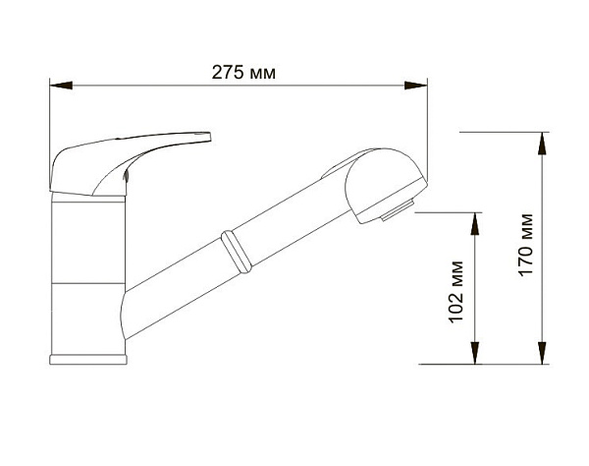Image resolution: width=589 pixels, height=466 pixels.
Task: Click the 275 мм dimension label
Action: pyautogui.click(x=243, y=72)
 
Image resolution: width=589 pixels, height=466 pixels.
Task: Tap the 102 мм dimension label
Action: pyautogui.click(x=456, y=291)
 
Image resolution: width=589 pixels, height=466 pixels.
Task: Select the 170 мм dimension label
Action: pyautogui.click(x=525, y=245)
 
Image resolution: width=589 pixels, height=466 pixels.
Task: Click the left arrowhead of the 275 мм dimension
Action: pyautogui.click(x=61, y=86)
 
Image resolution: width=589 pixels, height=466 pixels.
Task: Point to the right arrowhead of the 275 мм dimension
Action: pyautogui.click(x=416, y=86)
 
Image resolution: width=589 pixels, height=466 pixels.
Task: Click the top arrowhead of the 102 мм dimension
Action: pyautogui.click(x=475, y=224)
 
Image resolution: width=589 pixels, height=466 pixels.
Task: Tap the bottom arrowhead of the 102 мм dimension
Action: pyautogui.click(x=475, y=353)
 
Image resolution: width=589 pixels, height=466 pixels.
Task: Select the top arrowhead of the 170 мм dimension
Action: pyautogui.click(x=542, y=144)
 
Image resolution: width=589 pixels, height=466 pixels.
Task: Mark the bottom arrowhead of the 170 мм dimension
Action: pyautogui.click(x=542, y=353)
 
